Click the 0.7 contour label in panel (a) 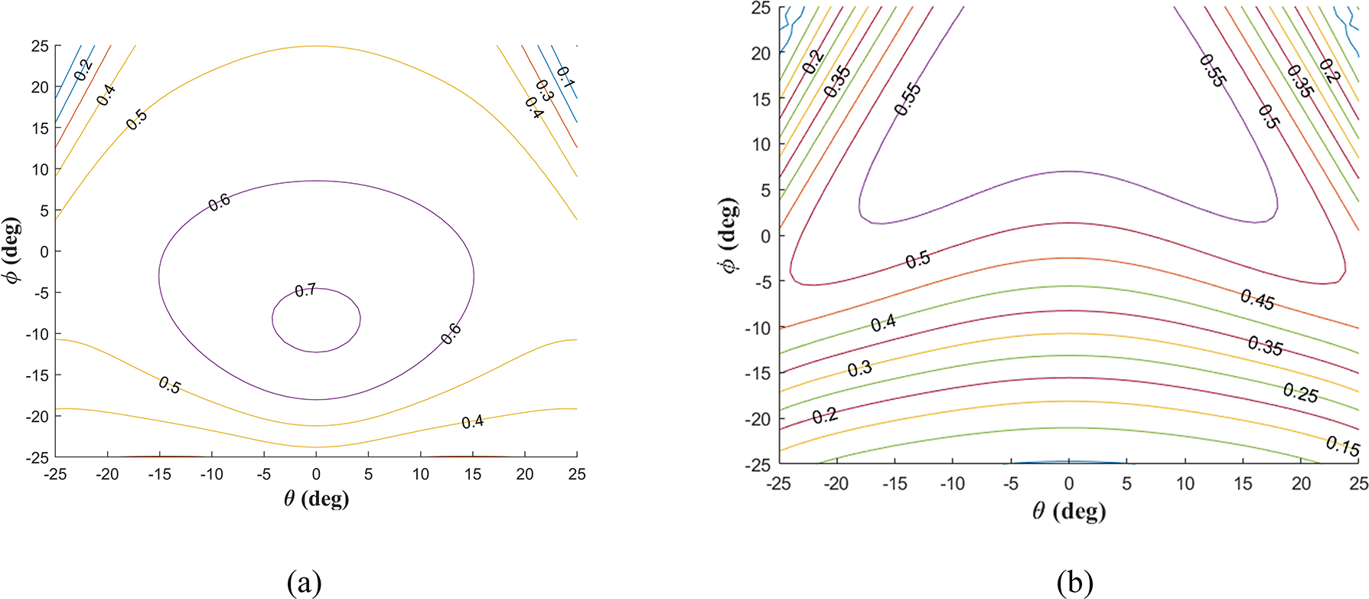point(305,290)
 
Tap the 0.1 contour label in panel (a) point(566,77)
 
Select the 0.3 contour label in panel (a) point(544,90)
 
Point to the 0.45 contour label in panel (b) point(1257,300)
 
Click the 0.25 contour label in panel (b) point(1300,394)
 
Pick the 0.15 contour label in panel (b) point(1342,446)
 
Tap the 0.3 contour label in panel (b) point(859,369)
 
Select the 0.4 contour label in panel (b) point(883,322)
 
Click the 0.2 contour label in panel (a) point(83,69)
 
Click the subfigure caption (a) point(304,584)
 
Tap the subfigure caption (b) point(1074,584)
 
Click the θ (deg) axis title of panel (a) point(316,499)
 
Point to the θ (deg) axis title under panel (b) point(1068,511)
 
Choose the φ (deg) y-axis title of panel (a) point(13,250)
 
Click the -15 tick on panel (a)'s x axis point(160,475)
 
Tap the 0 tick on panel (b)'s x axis point(1069,483)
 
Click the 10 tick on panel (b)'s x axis point(1185,483)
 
